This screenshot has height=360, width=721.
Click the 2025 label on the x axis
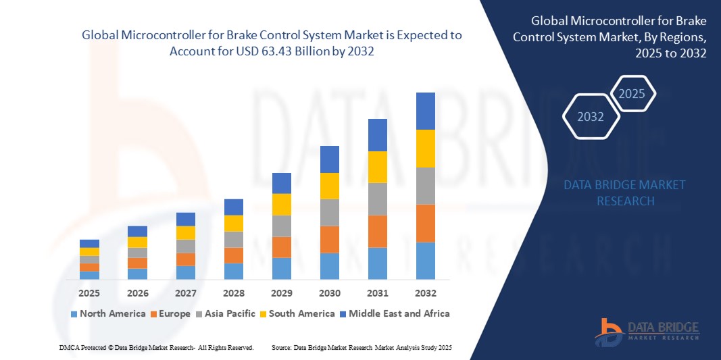click(x=89, y=293)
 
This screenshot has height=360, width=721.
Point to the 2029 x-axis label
click(x=282, y=293)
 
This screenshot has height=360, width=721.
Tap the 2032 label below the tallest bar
click(x=425, y=293)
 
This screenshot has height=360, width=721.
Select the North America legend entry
click(x=107, y=313)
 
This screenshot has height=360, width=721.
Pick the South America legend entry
click(x=297, y=313)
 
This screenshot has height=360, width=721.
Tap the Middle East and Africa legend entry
click(x=395, y=313)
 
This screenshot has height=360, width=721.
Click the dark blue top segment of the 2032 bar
click(x=425, y=111)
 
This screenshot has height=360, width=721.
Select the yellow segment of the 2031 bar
click(x=377, y=167)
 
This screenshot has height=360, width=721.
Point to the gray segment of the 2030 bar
click(x=329, y=212)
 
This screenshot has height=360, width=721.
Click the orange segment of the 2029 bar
click(x=282, y=247)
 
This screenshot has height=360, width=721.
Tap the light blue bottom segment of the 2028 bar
click(x=234, y=271)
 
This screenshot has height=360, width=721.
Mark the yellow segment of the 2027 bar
click(x=186, y=233)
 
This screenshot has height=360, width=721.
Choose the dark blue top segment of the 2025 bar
click(x=89, y=244)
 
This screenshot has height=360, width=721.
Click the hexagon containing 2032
click(x=591, y=117)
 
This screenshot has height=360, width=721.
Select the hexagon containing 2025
click(x=632, y=94)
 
